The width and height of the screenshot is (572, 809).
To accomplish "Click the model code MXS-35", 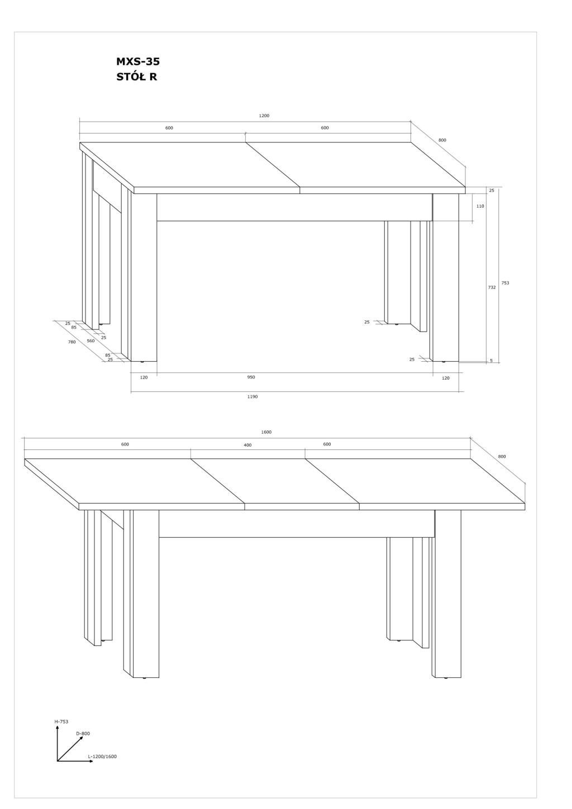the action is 137,62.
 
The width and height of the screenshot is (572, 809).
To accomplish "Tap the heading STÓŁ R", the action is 137,77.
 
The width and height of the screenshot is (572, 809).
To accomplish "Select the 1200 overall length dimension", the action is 264,116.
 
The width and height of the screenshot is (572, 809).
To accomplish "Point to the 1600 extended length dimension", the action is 266,432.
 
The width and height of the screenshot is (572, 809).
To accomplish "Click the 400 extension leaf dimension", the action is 247,445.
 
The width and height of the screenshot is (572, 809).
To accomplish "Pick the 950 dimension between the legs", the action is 251,377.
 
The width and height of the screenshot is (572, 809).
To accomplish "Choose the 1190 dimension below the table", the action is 252,396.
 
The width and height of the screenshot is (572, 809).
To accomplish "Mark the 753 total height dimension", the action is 505,283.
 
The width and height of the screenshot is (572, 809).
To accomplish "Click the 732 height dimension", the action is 492,287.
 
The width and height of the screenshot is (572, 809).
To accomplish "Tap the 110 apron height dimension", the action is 480,206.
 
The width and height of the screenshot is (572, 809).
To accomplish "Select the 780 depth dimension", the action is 72,342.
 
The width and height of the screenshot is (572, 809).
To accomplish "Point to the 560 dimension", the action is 90,341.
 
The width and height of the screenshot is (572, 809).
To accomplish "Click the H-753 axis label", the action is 61,721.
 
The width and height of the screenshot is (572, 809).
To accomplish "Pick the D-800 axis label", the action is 83,734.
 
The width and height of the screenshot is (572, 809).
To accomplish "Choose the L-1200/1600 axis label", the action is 102,757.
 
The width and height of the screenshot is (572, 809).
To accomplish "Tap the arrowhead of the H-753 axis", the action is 57,727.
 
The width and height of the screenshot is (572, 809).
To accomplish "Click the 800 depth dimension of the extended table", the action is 502,457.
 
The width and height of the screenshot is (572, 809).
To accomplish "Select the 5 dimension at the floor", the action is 491,361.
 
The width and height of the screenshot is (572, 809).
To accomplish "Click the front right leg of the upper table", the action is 446,277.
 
